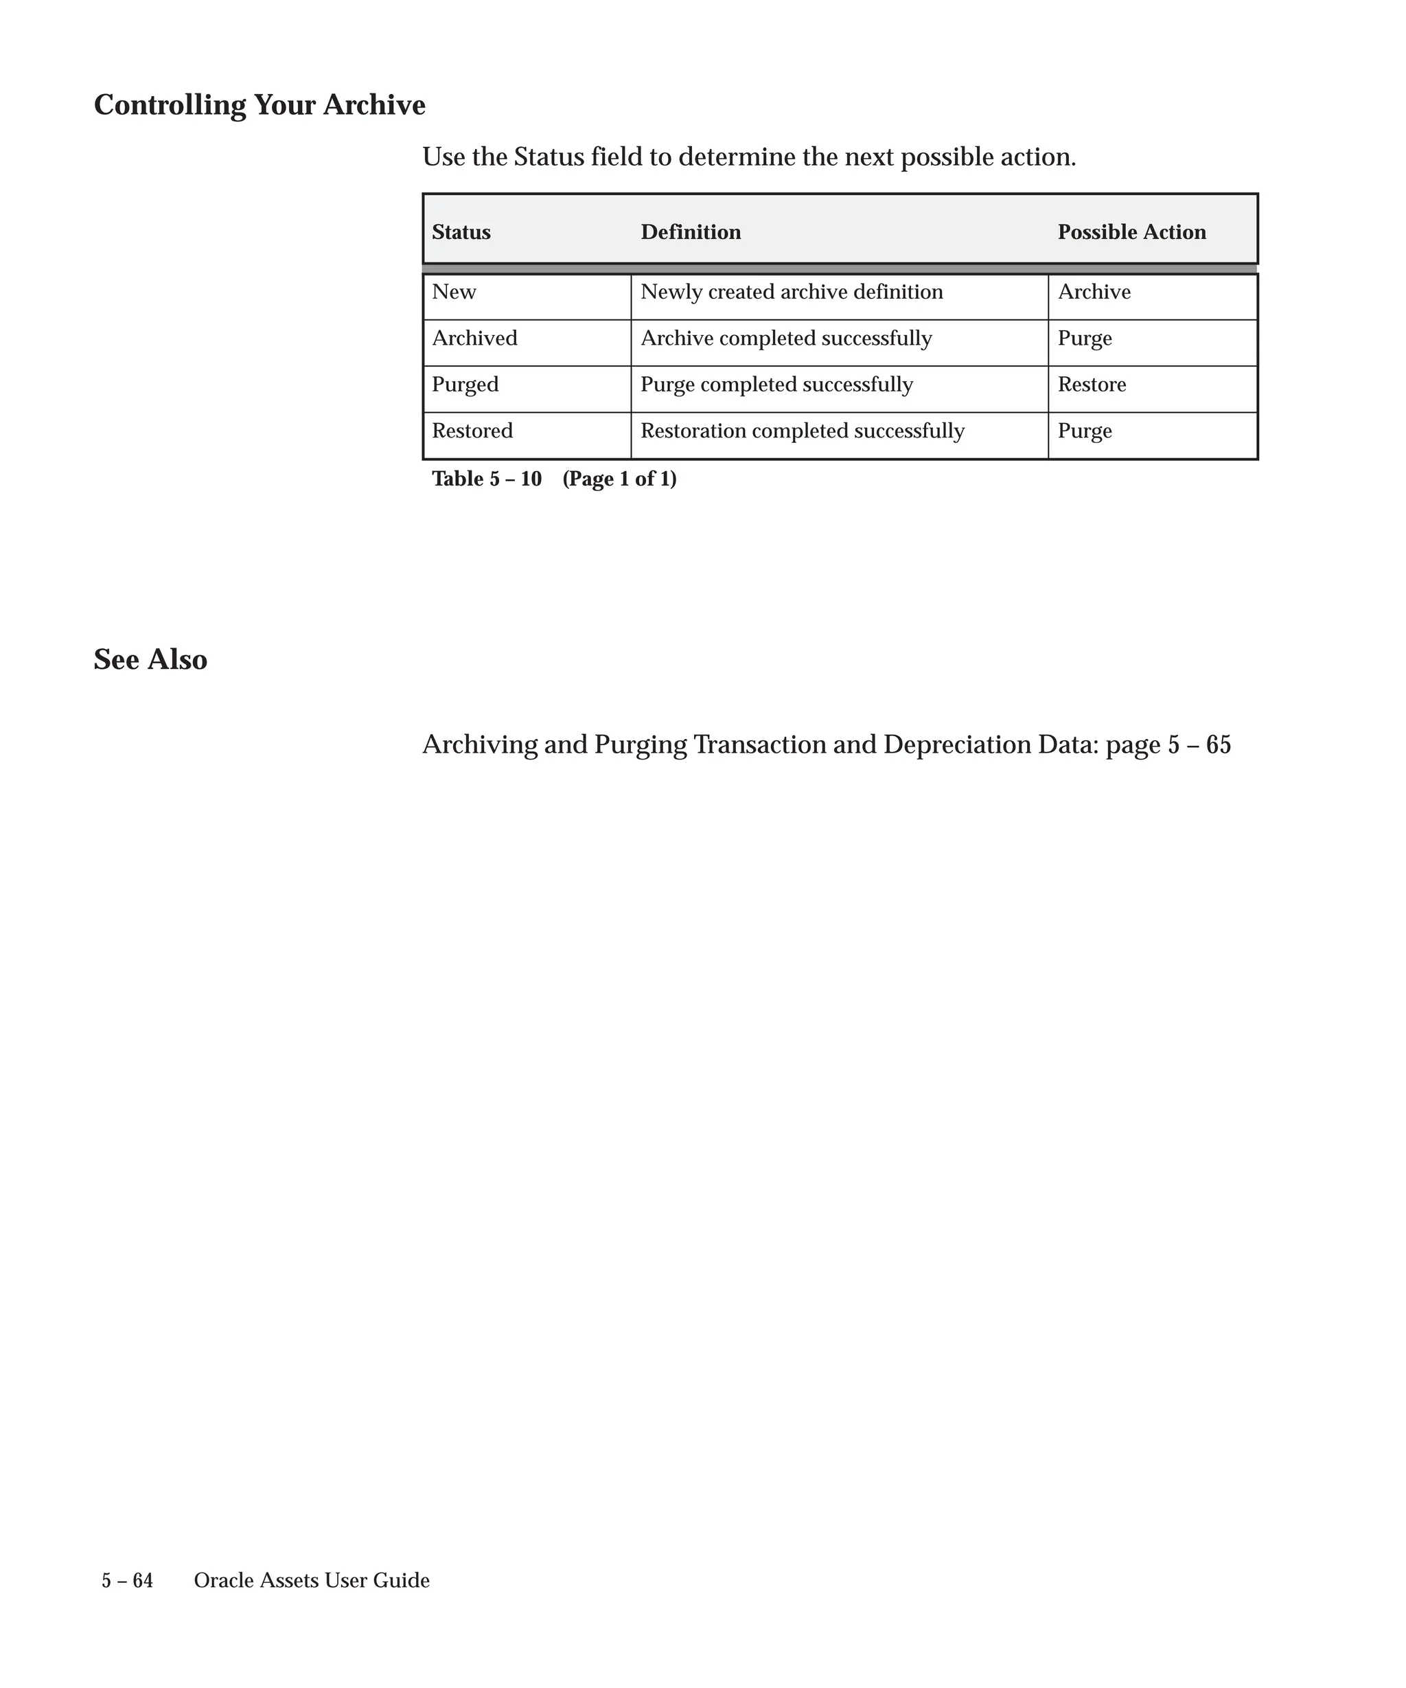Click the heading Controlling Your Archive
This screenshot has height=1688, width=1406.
pos(260,105)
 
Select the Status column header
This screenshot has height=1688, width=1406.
pos(461,232)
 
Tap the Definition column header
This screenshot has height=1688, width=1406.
pos(690,232)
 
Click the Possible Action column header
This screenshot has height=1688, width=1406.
pos(1131,232)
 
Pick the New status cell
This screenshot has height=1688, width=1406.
pos(454,292)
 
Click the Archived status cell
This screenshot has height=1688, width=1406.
pos(474,339)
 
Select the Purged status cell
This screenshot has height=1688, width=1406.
pos(465,385)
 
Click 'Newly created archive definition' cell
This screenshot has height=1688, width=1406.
pos(792,292)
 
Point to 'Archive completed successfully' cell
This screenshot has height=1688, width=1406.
pos(786,339)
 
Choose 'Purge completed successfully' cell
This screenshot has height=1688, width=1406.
pos(776,385)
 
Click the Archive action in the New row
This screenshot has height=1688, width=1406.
pos(1094,292)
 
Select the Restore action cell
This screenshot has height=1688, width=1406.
pos(1091,385)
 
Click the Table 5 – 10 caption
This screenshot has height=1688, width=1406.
pos(553,479)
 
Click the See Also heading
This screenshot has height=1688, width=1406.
pos(150,660)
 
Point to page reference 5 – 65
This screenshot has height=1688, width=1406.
pos(1199,745)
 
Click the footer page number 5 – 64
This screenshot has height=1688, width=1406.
pos(127,1580)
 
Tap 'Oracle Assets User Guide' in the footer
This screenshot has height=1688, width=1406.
pos(311,1580)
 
